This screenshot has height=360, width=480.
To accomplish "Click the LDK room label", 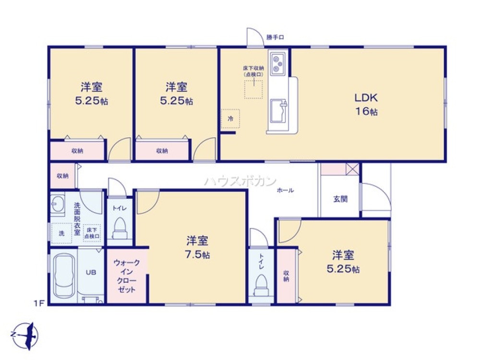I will click(x=367, y=98).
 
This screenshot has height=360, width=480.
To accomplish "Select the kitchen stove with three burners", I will click(x=278, y=63).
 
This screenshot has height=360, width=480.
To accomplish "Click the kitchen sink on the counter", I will click(x=277, y=110).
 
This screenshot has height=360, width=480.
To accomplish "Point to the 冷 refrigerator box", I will click(x=230, y=118).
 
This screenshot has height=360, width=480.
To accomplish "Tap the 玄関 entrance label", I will click(x=340, y=199).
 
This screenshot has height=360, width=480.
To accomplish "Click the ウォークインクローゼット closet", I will click(x=127, y=276).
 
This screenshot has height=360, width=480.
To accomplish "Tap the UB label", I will click(x=90, y=272).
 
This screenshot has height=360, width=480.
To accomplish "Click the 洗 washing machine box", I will click(x=61, y=233).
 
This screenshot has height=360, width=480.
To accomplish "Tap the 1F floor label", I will click(x=39, y=303).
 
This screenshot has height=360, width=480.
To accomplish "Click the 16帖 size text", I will click(x=367, y=111).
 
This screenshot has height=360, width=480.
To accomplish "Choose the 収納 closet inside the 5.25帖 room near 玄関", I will click(x=286, y=275).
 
